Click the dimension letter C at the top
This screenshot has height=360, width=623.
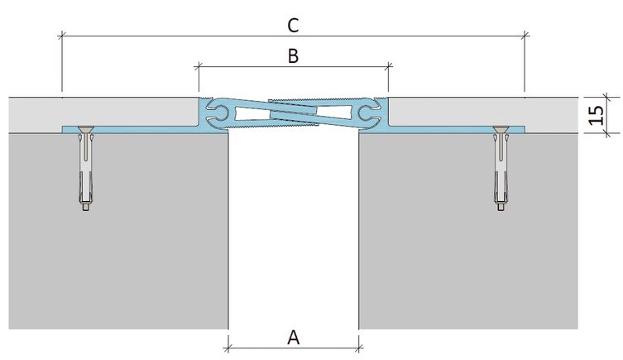tap(293, 26)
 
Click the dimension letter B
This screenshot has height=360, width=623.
tap(293, 56)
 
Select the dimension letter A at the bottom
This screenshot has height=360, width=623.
tap(293, 338)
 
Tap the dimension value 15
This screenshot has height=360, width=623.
tap(596, 115)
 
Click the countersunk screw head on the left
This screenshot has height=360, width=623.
tap(84, 130)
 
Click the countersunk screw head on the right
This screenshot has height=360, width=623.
tap(501, 130)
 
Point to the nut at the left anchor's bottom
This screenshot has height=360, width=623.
tap(85, 207)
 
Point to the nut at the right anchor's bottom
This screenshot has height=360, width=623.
tap(501, 207)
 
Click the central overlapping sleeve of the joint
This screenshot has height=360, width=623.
tap(293, 113)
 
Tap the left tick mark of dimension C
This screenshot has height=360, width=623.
tap(61, 36)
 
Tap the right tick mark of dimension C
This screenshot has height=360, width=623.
tap(525, 36)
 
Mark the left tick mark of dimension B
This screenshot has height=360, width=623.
tap(199, 67)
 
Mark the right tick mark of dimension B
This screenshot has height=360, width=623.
tap(389, 67)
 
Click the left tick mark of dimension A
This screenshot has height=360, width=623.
tap(228, 349)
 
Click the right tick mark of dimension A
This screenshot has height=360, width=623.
tap(359, 349)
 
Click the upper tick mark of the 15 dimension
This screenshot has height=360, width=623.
tap(606, 97)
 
